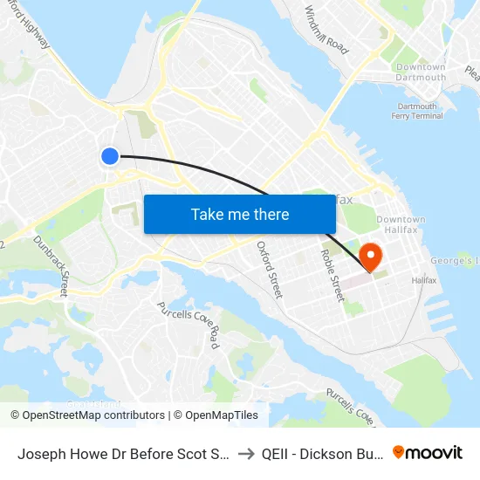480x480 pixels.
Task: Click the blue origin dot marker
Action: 110,156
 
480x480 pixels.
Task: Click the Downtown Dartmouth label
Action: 421,72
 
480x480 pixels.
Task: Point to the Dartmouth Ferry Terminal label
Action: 415,111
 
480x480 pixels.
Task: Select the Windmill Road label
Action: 326,31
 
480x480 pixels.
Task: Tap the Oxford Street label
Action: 270,270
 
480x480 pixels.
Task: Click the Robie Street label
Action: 333,275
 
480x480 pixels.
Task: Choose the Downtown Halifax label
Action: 401,224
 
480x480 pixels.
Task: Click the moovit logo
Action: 428,452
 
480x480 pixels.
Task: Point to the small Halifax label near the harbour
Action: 424,280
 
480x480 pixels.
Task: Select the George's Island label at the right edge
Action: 455,261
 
